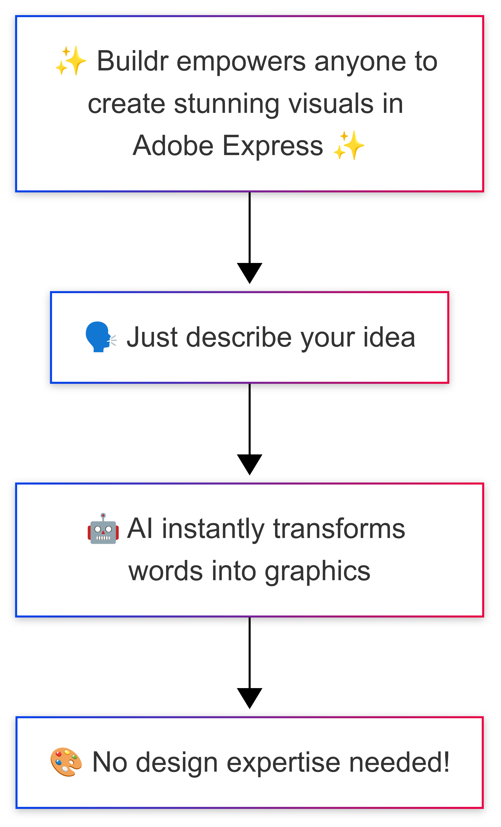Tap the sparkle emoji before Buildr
(x=71, y=61)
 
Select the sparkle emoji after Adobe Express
(x=349, y=145)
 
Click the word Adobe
(x=173, y=145)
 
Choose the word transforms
(x=339, y=529)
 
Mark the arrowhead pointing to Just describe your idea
(x=249, y=272)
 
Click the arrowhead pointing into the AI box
(x=249, y=464)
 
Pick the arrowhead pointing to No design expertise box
(x=249, y=697)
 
